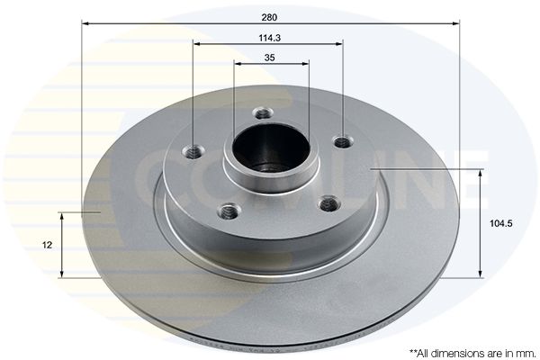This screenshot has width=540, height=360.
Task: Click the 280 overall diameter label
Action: click(269, 17)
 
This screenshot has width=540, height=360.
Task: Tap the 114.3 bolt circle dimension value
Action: click(270, 38)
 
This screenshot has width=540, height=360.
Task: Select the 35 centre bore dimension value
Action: click(270, 58)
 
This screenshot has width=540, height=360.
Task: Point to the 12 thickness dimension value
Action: click(47, 245)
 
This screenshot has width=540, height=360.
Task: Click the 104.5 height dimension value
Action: click(501, 223)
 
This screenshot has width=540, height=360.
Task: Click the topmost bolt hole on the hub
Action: click(263, 112)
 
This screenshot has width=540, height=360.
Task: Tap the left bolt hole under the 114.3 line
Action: click(193, 151)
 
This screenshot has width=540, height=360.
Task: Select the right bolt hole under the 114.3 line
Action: click(343, 141)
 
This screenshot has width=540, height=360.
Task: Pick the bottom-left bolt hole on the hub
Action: click(229, 210)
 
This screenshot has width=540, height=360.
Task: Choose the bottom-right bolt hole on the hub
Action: click(330, 203)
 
